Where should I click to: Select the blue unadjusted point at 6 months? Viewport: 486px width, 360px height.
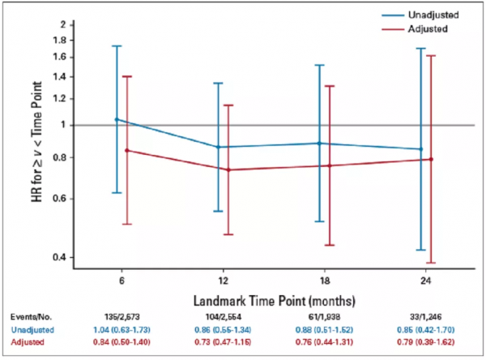pyautogui.click(x=117, y=120)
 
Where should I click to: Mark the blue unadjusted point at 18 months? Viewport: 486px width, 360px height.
pyautogui.click(x=320, y=144)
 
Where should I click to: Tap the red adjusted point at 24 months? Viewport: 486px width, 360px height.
pyautogui.click(x=431, y=159)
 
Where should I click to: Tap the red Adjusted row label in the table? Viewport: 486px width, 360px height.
pyautogui.click(x=29, y=344)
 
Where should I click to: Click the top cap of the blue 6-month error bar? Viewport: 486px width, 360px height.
pyautogui.click(x=117, y=46)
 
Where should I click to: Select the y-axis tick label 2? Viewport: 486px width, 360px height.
pyautogui.click(x=67, y=25)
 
